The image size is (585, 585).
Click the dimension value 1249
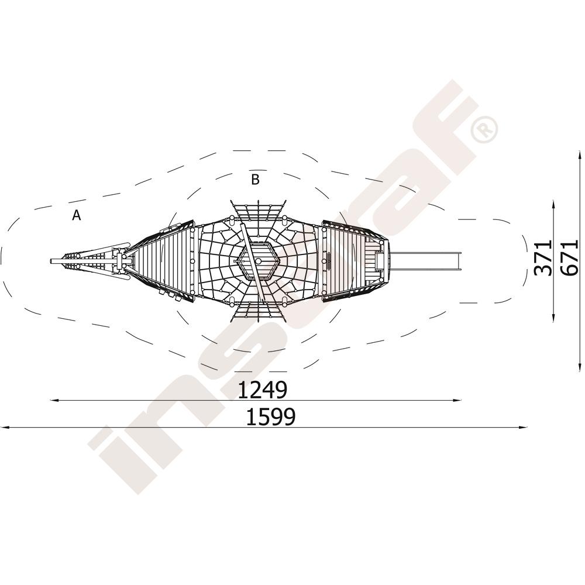[262, 390]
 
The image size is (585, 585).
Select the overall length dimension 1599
[271, 417]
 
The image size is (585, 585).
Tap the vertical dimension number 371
[543, 258]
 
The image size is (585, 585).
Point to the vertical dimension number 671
[570, 258]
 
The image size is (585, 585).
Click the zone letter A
[77, 215]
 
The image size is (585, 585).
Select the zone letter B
[255, 180]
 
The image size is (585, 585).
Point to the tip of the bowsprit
[50, 261]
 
